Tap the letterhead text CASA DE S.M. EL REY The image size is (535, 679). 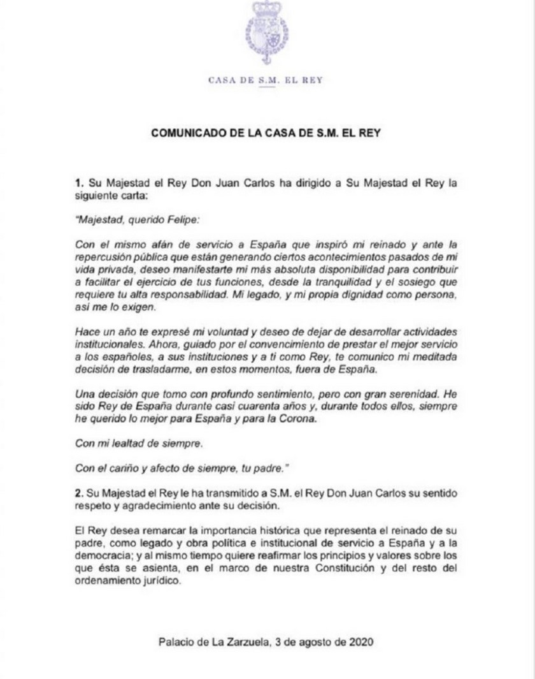(x=267, y=80)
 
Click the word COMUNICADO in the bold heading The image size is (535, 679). (x=185, y=133)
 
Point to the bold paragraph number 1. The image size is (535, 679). (x=78, y=184)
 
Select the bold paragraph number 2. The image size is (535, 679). (x=78, y=495)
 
